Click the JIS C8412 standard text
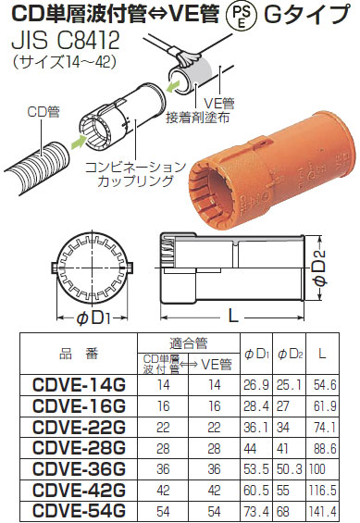66,42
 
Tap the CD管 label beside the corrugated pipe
43,112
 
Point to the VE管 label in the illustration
219,104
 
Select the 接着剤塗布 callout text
198,118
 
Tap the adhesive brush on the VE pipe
190,59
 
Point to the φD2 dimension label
319,268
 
